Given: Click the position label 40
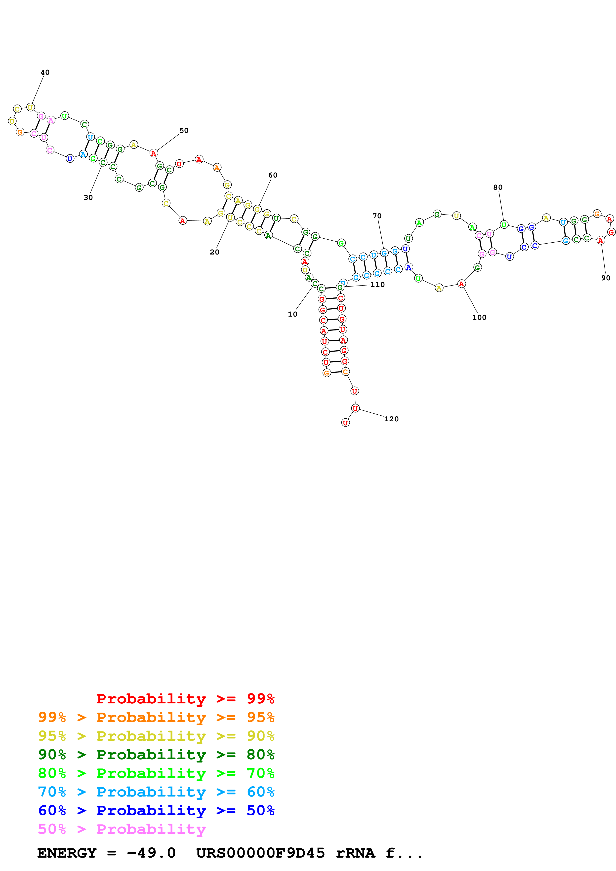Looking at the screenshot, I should pyautogui.click(x=45, y=73).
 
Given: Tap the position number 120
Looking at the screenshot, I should pyautogui.click(x=391, y=419).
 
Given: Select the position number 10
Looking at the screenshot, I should pyautogui.click(x=292, y=314).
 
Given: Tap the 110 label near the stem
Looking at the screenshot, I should pyautogui.click(x=377, y=285).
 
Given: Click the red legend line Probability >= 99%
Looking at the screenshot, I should pyautogui.click(x=185, y=698).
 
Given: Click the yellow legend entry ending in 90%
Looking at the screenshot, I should pyautogui.click(x=156, y=736).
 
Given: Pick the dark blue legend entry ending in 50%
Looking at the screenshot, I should pyautogui.click(x=156, y=810).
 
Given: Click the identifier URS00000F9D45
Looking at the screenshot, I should pyautogui.click(x=260, y=853).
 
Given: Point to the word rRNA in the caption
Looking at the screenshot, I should pyautogui.click(x=355, y=853).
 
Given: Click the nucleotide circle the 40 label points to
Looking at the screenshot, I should pyautogui.click(x=30, y=107).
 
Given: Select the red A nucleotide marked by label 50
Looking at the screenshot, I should pyautogui.click(x=153, y=153).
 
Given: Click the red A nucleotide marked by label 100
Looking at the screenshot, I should pyautogui.click(x=461, y=284).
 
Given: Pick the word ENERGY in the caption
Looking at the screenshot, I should pyautogui.click(x=67, y=853).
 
